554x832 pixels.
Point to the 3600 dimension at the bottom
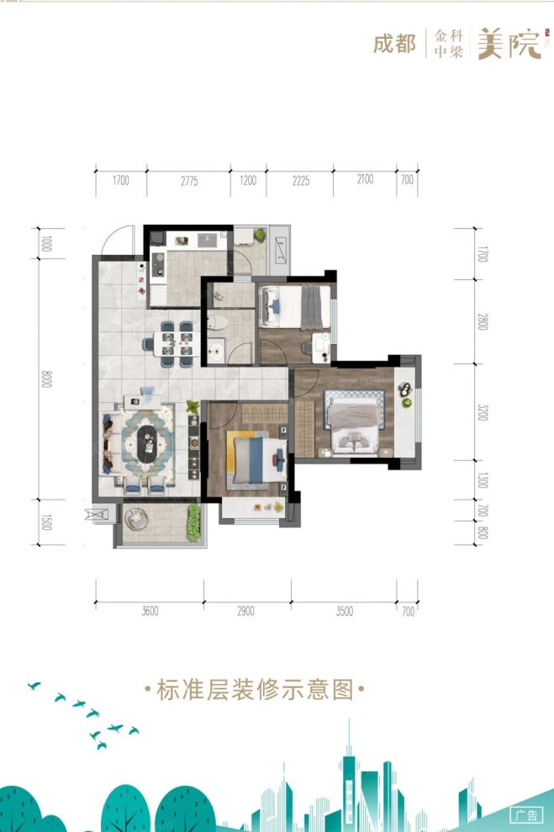[x=150, y=612]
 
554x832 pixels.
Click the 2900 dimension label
[x=245, y=612]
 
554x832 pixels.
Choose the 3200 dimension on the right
[x=483, y=412]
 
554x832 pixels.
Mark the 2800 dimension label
[x=483, y=322]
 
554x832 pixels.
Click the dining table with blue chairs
[x=169, y=343]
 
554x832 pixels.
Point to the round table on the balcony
[x=136, y=522]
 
